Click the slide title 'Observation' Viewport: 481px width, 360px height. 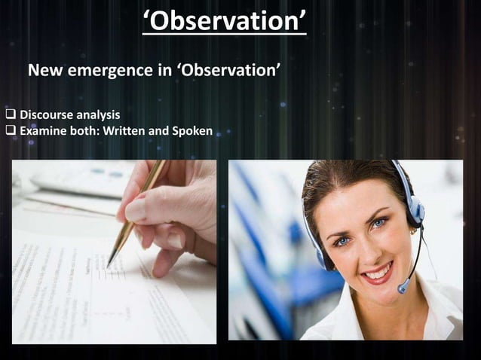pyautogui.click(x=224, y=20)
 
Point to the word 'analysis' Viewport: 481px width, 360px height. pyautogui.click(x=99, y=115)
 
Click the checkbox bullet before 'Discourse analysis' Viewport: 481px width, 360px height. pyautogui.click(x=11, y=115)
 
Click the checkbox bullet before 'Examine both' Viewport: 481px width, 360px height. pyautogui.click(x=11, y=131)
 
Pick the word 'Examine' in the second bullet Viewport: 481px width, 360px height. pyautogui.click(x=44, y=131)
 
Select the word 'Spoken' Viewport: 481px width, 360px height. pyautogui.click(x=192, y=131)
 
